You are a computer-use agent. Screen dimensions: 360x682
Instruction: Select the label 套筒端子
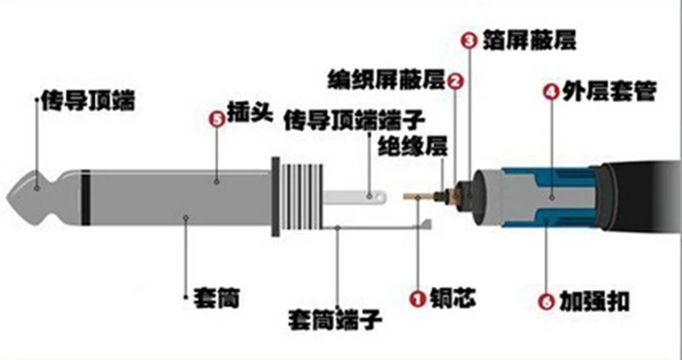(335, 321)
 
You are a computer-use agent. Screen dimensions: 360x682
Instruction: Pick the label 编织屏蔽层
(387, 81)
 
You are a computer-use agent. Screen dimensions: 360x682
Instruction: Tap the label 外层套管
(603, 92)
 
